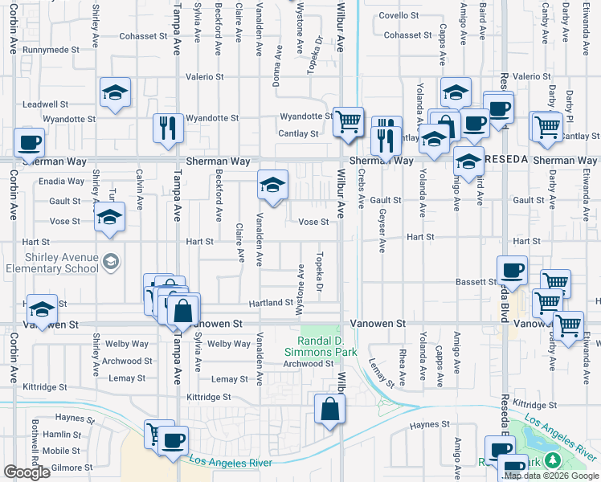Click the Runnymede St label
51,49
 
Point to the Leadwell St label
46,104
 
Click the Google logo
27,472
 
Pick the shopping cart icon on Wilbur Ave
348,121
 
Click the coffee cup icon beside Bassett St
512,269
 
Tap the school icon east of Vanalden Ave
272,185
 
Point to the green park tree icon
552,460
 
